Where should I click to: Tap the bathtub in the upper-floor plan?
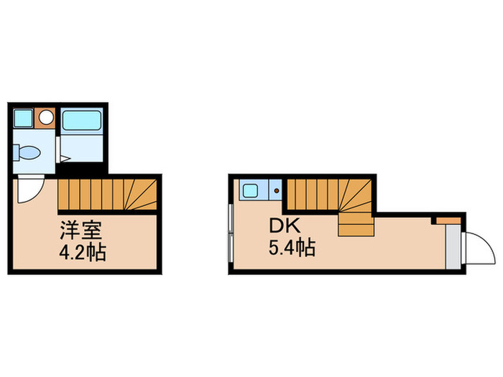(x=82, y=119)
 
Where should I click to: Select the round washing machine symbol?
(x=46, y=116)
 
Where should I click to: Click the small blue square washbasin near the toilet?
(x=23, y=117)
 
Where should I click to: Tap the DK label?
(x=282, y=225)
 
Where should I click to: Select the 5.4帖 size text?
(x=292, y=248)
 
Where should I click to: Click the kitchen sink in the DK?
(x=251, y=191)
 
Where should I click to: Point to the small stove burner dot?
(x=277, y=192)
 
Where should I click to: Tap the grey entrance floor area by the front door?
(x=453, y=246)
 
